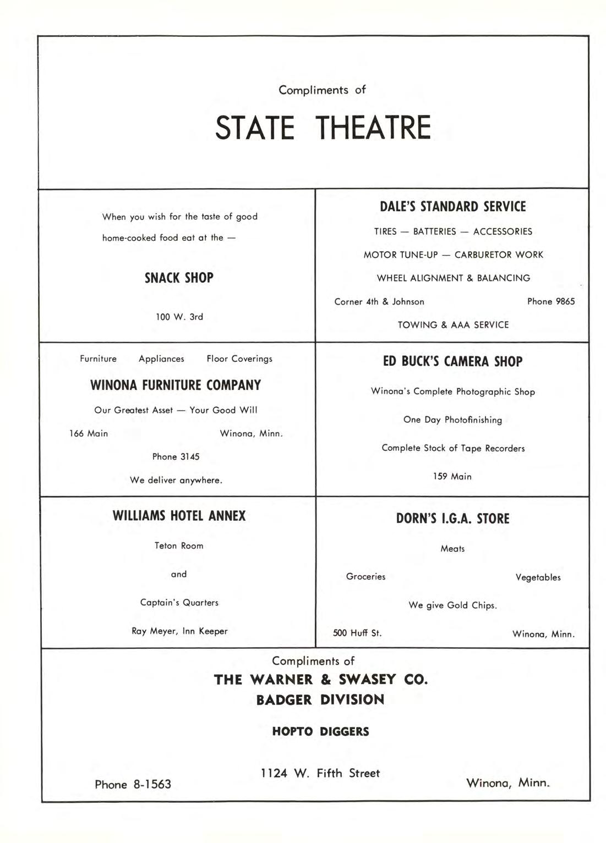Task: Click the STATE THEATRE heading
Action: click(x=323, y=128)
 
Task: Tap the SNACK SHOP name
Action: click(x=179, y=278)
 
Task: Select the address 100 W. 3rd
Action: click(x=179, y=317)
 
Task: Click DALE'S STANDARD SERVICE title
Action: click(x=452, y=207)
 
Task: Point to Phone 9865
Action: click(x=550, y=301)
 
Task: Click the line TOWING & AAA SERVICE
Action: click(x=453, y=325)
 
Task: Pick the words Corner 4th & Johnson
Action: click(x=379, y=302)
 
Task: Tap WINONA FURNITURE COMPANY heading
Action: click(x=176, y=385)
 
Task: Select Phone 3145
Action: click(x=176, y=456)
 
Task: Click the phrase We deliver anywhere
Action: click(x=176, y=480)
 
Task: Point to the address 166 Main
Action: click(x=89, y=433)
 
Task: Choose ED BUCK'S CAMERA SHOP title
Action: click(x=452, y=361)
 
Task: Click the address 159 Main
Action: click(x=452, y=476)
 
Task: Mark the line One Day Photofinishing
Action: click(x=452, y=420)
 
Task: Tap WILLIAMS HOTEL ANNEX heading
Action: click(x=179, y=516)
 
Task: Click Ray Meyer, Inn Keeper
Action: click(x=179, y=631)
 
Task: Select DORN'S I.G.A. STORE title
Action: click(x=452, y=519)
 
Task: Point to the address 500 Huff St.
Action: click(x=357, y=633)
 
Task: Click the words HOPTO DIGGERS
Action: click(x=320, y=731)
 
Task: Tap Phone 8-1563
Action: click(x=133, y=785)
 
